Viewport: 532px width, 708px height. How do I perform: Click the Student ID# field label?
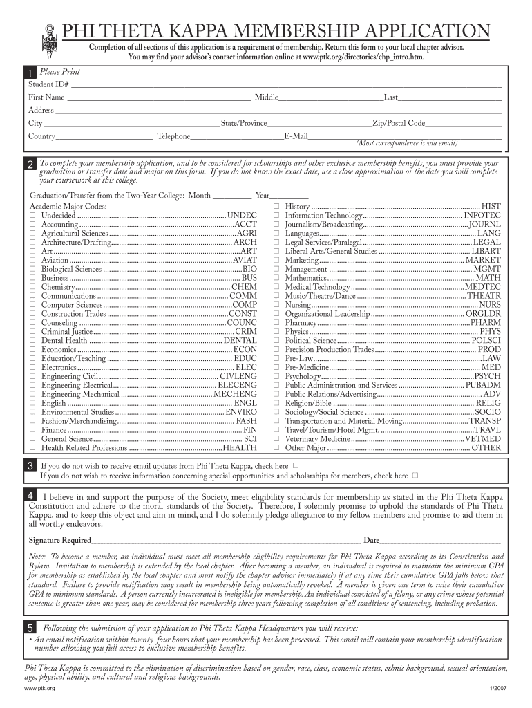pyautogui.click(x=49, y=84)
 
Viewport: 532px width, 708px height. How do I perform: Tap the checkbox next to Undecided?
pyautogui.click(x=32, y=216)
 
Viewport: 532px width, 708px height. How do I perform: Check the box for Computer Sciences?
pyautogui.click(x=32, y=305)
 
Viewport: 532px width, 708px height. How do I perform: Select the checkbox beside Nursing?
pyautogui.click(x=276, y=305)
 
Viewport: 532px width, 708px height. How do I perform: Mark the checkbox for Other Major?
pyautogui.click(x=276, y=448)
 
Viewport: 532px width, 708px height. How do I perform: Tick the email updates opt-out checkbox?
pyautogui.click(x=296, y=466)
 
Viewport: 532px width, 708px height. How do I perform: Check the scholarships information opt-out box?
pyautogui.click(x=415, y=476)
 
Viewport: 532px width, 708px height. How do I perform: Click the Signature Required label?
pyautogui.click(x=59, y=540)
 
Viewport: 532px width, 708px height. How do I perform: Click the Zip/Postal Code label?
pyautogui.click(x=399, y=123)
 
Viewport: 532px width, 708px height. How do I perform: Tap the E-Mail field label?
pyautogui.click(x=296, y=136)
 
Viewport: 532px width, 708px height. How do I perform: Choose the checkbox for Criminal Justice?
pyautogui.click(x=32, y=332)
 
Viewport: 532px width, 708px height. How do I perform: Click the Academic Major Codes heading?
pyautogui.click(x=68, y=207)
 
